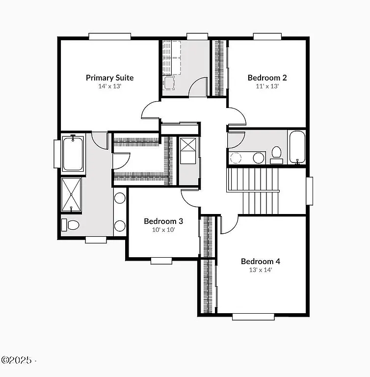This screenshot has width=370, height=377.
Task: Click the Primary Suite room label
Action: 109,78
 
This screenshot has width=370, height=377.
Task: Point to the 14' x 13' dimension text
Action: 109,86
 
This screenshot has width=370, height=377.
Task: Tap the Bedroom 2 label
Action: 267,78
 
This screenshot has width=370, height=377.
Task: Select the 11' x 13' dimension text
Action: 267,86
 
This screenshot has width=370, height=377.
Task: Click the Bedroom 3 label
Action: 163,221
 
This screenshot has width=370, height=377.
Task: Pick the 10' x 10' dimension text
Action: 163,229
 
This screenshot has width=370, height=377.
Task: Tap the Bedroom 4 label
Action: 260,261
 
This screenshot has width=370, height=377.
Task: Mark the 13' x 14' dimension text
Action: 260,269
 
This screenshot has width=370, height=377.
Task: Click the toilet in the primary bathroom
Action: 71,225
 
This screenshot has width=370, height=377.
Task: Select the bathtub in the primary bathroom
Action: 73,154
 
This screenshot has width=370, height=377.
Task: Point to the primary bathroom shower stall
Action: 73,195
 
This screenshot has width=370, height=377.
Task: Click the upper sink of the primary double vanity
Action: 120,198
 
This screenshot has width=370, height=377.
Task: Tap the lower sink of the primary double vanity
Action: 120,226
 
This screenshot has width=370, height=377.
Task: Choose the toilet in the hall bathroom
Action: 276,154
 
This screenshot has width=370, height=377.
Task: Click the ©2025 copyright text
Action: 18,360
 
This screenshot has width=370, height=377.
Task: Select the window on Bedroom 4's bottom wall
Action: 253,317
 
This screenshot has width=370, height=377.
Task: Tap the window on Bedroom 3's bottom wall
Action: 161,261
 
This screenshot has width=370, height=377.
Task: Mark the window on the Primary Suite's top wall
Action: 110,36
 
